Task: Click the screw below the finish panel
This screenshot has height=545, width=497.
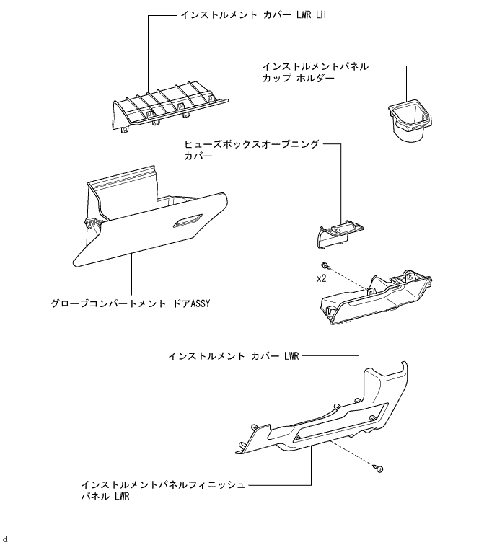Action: click(377, 469)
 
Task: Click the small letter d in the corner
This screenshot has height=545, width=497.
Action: click(5, 539)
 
